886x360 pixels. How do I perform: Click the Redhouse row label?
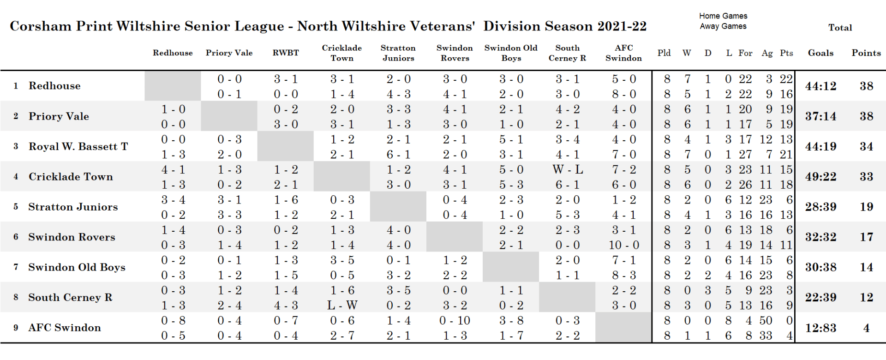click(54, 86)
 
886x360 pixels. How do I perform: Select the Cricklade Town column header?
click(342, 53)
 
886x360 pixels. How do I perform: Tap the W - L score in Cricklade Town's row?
click(568, 170)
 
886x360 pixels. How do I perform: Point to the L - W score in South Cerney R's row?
click(342, 306)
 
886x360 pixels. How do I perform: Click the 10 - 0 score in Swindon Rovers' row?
click(624, 245)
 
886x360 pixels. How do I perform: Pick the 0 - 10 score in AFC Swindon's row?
click(455, 321)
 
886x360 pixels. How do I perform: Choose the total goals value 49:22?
click(820, 177)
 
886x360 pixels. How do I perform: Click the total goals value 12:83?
click(820, 328)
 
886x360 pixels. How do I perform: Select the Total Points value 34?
click(866, 147)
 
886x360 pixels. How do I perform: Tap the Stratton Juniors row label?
click(73, 207)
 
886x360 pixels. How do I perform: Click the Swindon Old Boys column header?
click(511, 53)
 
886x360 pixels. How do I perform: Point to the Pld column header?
click(664, 53)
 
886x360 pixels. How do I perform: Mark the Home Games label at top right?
click(723, 16)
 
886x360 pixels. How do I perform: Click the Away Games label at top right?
click(723, 26)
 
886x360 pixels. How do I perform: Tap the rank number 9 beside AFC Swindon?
click(16, 328)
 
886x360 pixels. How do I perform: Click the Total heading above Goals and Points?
click(840, 28)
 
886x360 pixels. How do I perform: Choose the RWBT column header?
click(286, 53)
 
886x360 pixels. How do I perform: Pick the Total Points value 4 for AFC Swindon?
click(866, 328)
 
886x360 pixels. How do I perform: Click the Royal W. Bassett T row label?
click(78, 147)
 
